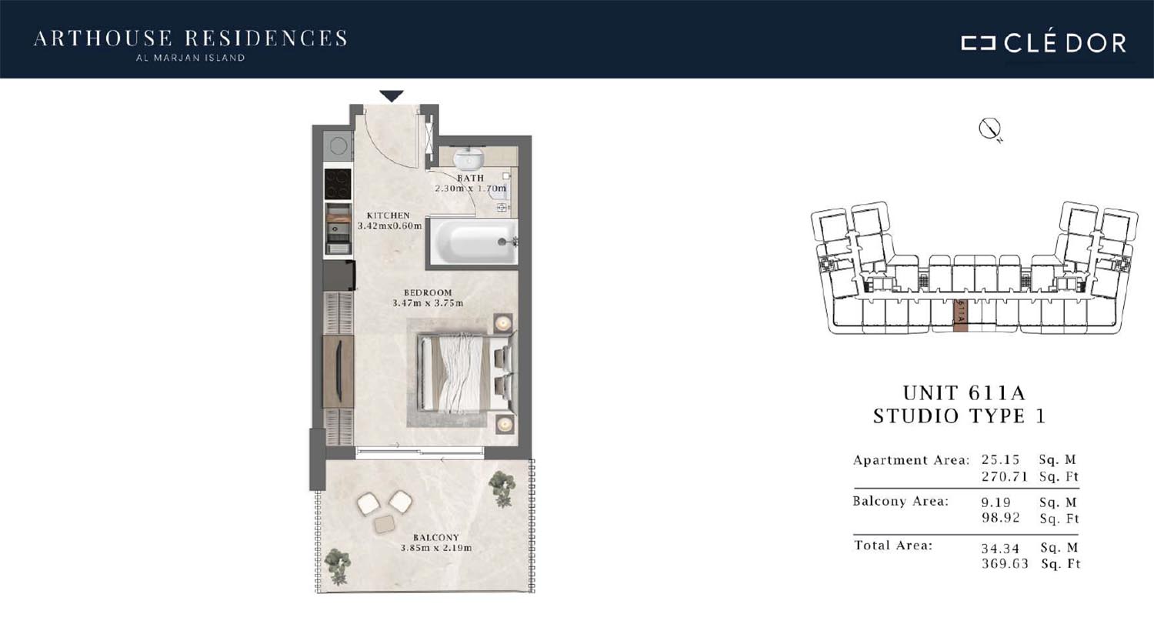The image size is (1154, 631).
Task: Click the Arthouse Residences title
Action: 191,38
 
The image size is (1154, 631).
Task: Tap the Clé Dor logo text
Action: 1065,44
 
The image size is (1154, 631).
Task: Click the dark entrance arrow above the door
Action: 392,96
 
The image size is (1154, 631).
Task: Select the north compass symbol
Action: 989,129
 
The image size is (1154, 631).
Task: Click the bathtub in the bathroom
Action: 473,242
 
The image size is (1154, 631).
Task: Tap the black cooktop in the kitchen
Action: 338,184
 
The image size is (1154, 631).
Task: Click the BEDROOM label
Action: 428,292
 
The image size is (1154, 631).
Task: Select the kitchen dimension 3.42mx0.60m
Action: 389,225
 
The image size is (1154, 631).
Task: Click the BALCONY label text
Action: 436,537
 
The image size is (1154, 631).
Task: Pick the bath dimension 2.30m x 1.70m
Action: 470,189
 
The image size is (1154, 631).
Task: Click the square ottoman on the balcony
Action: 384,524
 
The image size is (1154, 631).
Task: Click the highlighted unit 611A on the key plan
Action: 960,315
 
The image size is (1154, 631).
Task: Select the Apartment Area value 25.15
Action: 1000,459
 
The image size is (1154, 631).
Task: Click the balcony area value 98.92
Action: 1000,518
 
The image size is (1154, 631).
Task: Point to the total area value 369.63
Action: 1005,563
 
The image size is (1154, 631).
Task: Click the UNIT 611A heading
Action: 964,393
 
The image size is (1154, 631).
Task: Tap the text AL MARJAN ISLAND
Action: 190,58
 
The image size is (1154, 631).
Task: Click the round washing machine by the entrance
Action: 338,145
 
